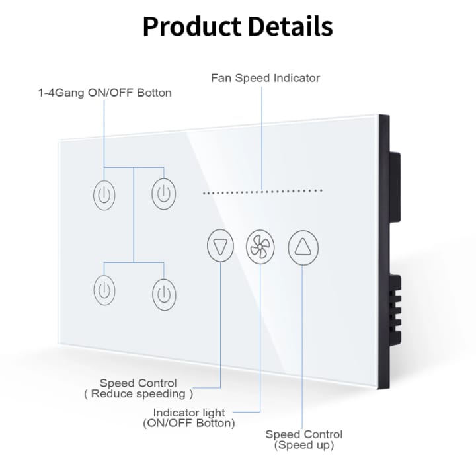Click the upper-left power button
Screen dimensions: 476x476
(x=104, y=195)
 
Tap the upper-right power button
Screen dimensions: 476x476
(x=164, y=194)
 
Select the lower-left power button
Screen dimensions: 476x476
(x=104, y=290)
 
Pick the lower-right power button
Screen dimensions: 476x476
(x=164, y=294)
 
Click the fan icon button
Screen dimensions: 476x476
(x=260, y=247)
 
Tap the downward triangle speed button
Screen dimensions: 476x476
(x=220, y=245)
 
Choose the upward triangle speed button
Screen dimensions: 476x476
(x=303, y=247)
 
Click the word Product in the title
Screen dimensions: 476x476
(x=192, y=26)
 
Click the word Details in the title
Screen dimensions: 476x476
(x=290, y=26)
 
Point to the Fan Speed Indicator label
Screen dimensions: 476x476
(x=265, y=78)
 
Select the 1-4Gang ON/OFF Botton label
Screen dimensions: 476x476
(x=104, y=93)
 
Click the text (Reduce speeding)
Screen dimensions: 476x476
(x=138, y=394)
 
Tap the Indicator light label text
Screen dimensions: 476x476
(x=189, y=413)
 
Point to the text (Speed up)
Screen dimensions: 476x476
(x=304, y=445)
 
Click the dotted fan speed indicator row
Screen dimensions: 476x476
(x=262, y=192)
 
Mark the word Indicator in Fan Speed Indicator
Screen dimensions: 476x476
(x=297, y=78)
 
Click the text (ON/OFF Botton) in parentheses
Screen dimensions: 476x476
(x=189, y=423)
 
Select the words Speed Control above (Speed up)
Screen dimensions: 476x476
(x=304, y=434)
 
